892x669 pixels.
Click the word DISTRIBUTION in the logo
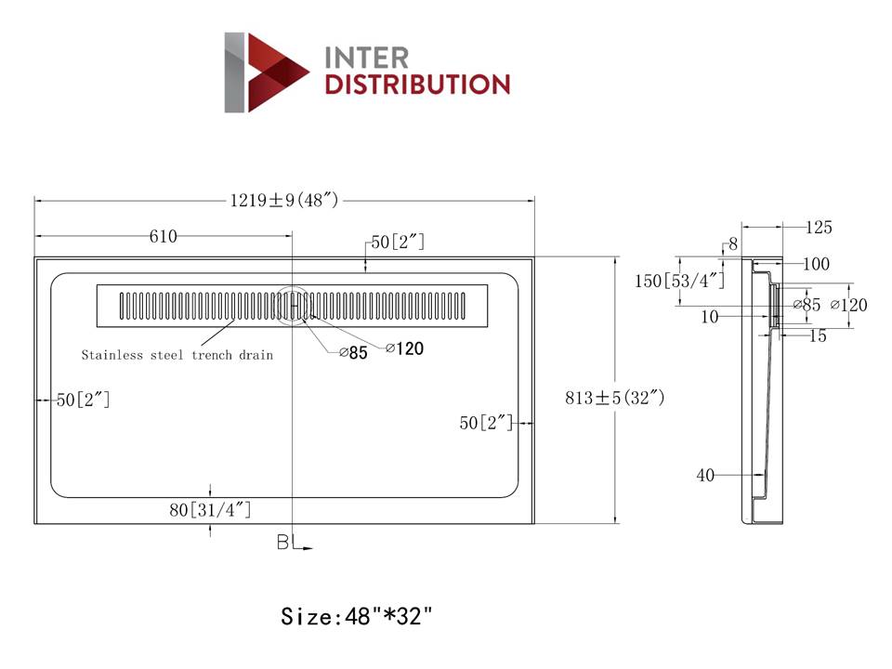(x=416, y=85)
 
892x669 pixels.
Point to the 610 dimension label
(x=164, y=236)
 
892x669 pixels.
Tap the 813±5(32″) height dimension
(x=615, y=399)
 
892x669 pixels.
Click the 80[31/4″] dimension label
(x=211, y=509)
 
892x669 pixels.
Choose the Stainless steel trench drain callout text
(x=177, y=355)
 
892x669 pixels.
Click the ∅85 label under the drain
(x=353, y=352)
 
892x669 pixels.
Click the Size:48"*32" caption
(x=357, y=615)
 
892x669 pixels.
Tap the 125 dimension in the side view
(x=819, y=228)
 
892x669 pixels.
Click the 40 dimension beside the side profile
(x=705, y=476)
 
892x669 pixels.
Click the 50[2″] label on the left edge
(x=83, y=400)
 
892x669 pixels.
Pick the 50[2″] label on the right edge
(x=486, y=423)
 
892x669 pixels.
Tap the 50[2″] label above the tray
(x=398, y=243)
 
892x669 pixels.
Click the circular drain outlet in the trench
(x=294, y=305)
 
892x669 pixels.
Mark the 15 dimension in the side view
(x=817, y=336)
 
